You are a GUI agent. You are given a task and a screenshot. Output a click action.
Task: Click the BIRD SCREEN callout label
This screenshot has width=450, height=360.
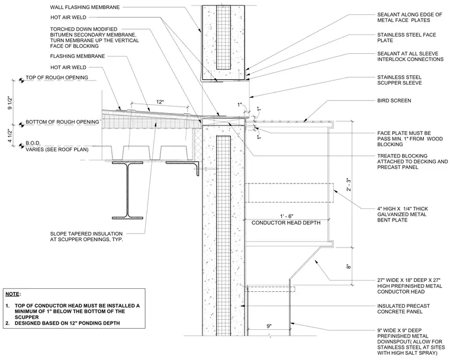coord(394,101)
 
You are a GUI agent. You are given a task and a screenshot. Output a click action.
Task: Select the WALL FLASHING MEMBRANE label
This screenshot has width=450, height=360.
coord(85,7)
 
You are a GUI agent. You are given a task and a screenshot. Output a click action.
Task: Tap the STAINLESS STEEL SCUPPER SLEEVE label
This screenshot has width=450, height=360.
coord(400,80)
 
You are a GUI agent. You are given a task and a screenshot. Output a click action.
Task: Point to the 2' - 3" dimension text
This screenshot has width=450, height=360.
coord(349,185)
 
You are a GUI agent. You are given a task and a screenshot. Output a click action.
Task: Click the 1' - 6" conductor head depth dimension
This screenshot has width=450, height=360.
coord(287,216)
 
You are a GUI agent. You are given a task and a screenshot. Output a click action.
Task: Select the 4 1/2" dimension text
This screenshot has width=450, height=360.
coord(11,136)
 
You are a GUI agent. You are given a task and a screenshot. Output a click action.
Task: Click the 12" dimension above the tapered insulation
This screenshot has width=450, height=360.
coord(160,102)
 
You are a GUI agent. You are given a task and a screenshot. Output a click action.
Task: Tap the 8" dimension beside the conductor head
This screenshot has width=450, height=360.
coord(349,266)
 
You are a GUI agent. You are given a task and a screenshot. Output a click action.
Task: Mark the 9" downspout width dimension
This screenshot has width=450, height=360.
coord(269,326)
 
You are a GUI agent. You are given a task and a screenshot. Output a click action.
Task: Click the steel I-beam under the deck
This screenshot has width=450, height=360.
coord(127,190)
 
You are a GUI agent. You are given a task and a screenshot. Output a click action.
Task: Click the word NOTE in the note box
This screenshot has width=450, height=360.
coord(12,294)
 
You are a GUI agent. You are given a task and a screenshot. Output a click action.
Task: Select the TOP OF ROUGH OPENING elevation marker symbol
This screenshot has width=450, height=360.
coord(21,81)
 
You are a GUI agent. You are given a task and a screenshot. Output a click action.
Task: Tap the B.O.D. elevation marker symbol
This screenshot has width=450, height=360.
coord(21,146)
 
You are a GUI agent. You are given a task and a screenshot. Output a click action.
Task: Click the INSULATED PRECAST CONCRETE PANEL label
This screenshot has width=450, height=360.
coord(403,309)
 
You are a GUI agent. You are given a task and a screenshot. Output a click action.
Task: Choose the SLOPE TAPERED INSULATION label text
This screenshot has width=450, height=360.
coord(86,237)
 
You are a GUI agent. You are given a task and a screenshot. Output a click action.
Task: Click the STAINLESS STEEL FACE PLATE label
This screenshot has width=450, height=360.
coord(407,38)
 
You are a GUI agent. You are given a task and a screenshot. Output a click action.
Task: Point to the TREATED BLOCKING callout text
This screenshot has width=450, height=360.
coord(413,162)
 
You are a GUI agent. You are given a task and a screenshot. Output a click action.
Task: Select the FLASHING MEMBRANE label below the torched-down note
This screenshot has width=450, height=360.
coord(78,56)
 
